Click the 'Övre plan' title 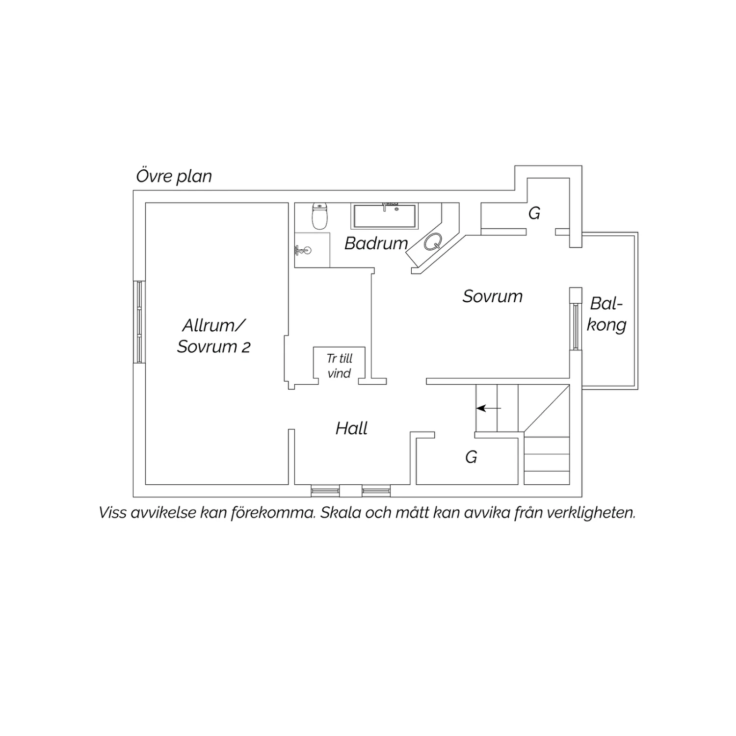coord(174,176)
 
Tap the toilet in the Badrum coord(320,216)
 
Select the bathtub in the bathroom coord(385,216)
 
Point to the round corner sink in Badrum coord(433,242)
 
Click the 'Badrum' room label coord(376,243)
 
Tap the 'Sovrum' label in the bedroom coord(493,296)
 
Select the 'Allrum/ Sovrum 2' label coord(214,336)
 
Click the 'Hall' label coord(352,428)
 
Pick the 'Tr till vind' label coord(340,366)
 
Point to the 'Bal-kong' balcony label coord(607,315)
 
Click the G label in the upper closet coord(534,213)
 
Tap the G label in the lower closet coord(471,457)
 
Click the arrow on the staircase coord(489,408)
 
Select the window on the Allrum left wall coord(139,322)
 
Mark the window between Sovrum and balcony coord(575,327)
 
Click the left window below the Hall coord(325,490)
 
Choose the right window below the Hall coord(376,490)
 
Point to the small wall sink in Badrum coord(303,250)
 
